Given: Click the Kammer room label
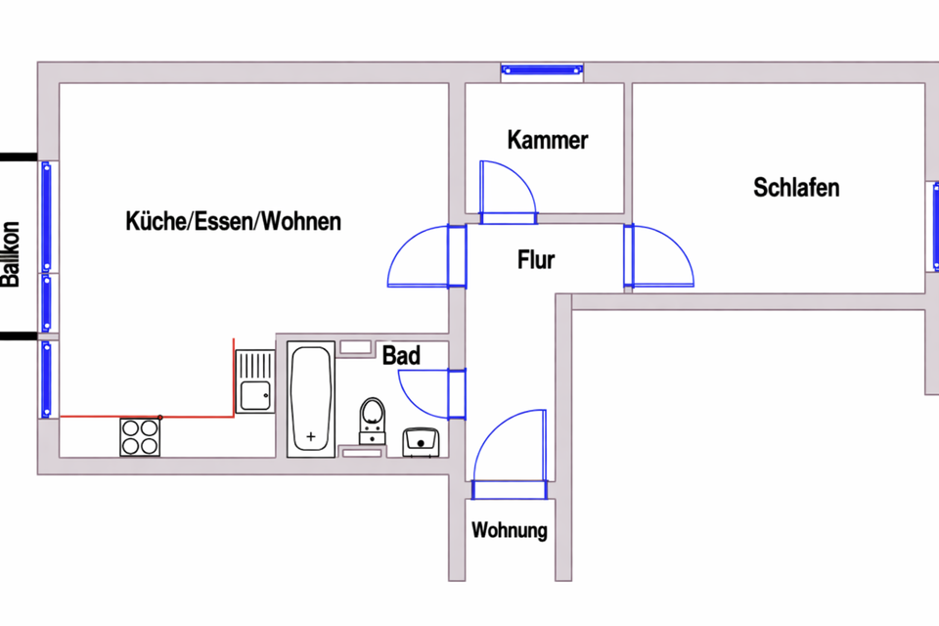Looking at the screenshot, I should (x=548, y=140).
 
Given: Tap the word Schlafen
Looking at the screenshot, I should (x=796, y=187).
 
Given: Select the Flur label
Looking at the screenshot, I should (x=536, y=260).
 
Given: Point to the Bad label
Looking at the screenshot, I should (x=401, y=355).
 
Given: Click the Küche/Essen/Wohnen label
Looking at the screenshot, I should (x=234, y=221).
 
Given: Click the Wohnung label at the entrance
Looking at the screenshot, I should (x=509, y=532).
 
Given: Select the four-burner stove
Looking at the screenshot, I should (x=140, y=436).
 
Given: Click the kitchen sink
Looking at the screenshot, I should (x=257, y=381).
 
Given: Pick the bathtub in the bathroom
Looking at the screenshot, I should (x=312, y=398).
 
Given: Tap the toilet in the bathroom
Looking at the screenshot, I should (x=372, y=417).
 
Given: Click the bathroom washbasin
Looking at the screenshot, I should (x=422, y=442).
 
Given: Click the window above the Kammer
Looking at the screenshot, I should (x=541, y=69).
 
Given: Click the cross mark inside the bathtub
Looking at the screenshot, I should (x=312, y=436).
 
